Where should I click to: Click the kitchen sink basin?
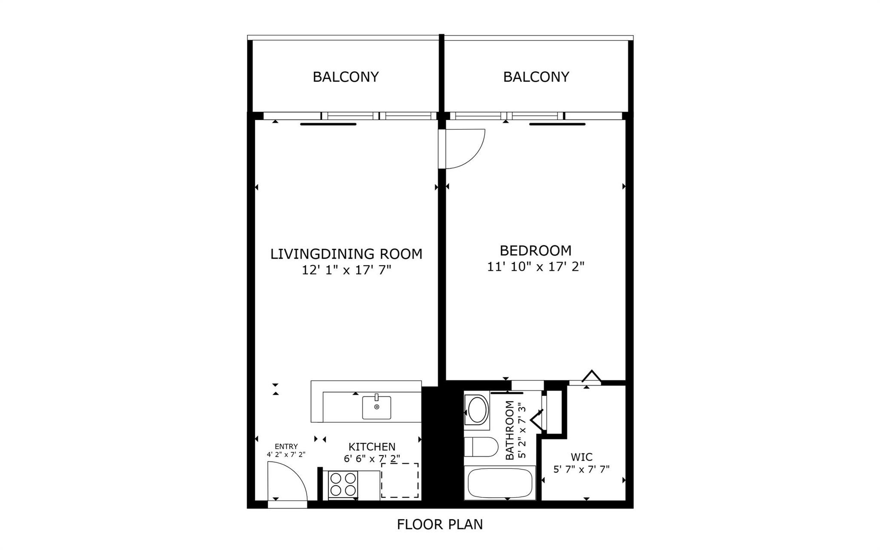pos(376,407)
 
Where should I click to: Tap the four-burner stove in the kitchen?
pos(343,485)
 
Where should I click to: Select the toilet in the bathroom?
pos(481,447)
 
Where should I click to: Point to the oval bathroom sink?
pos(477,410)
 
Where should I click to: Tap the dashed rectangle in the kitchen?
pos(400,480)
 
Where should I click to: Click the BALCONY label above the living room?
pos(346,77)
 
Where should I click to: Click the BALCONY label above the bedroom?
pos(536,77)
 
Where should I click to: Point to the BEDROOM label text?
pos(535,251)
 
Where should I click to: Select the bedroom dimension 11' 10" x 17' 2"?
pos(536,267)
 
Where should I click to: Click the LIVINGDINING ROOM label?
pos(346,254)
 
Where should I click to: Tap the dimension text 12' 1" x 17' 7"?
pos(346,270)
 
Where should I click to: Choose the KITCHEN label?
pos(372,447)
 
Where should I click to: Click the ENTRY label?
pos(286,447)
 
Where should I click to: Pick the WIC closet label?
pos(582,457)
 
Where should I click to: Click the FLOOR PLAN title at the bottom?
pos(440,525)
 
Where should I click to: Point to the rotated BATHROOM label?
pos(510,430)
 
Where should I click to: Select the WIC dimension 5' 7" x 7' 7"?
pos(582,470)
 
